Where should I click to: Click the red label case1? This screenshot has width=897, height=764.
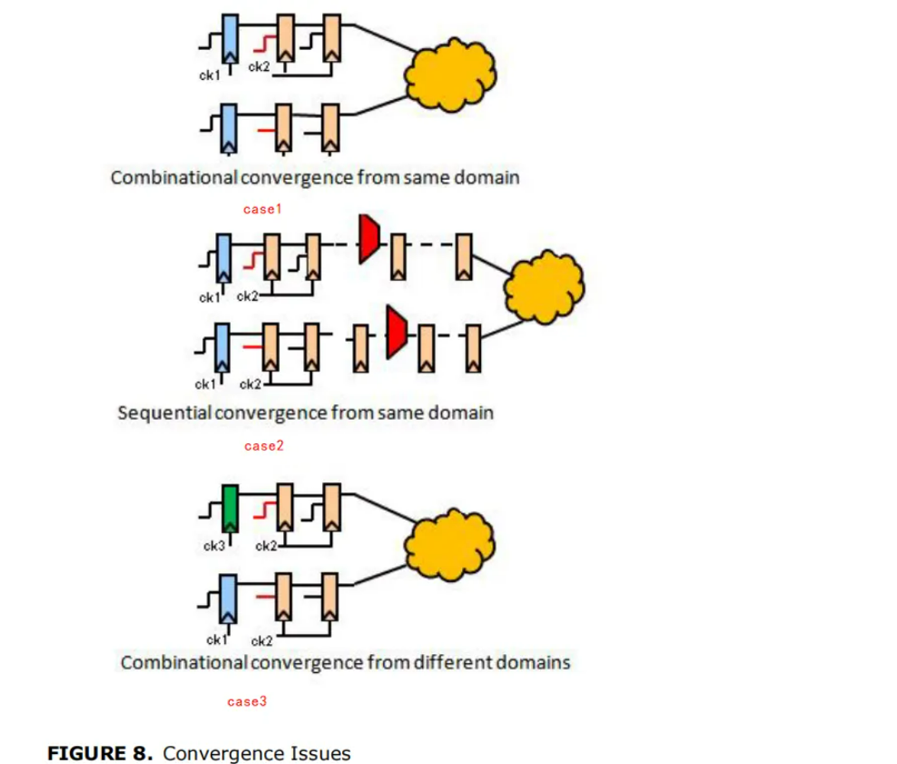(x=263, y=209)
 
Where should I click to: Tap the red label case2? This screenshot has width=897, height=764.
(x=264, y=446)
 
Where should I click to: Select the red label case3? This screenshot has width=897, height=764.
(x=247, y=701)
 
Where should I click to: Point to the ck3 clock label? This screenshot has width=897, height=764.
(x=214, y=546)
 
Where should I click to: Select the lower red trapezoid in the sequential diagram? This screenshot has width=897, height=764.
(x=395, y=332)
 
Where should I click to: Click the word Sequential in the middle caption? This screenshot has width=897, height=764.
(x=164, y=412)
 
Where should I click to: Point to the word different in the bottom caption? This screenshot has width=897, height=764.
(x=451, y=661)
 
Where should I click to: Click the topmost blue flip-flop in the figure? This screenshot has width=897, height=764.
(x=230, y=38)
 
